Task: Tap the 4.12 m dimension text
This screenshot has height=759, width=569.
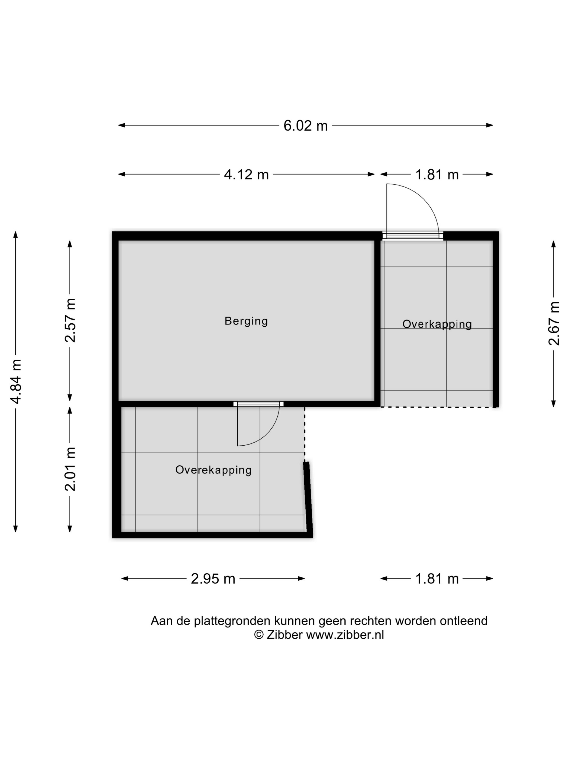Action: pos(246,175)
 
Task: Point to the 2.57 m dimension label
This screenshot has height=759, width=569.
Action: pos(70,320)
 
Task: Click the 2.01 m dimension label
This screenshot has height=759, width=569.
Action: pos(70,469)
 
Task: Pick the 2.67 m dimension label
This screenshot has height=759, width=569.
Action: pos(554,323)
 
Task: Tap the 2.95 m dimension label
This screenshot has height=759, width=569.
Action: pos(213,579)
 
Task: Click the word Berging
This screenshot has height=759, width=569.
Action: pos(246,321)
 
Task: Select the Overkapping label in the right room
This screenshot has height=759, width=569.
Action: pos(437,324)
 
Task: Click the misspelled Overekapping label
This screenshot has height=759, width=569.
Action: pos(213,470)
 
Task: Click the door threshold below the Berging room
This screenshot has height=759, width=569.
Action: pos(258,404)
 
